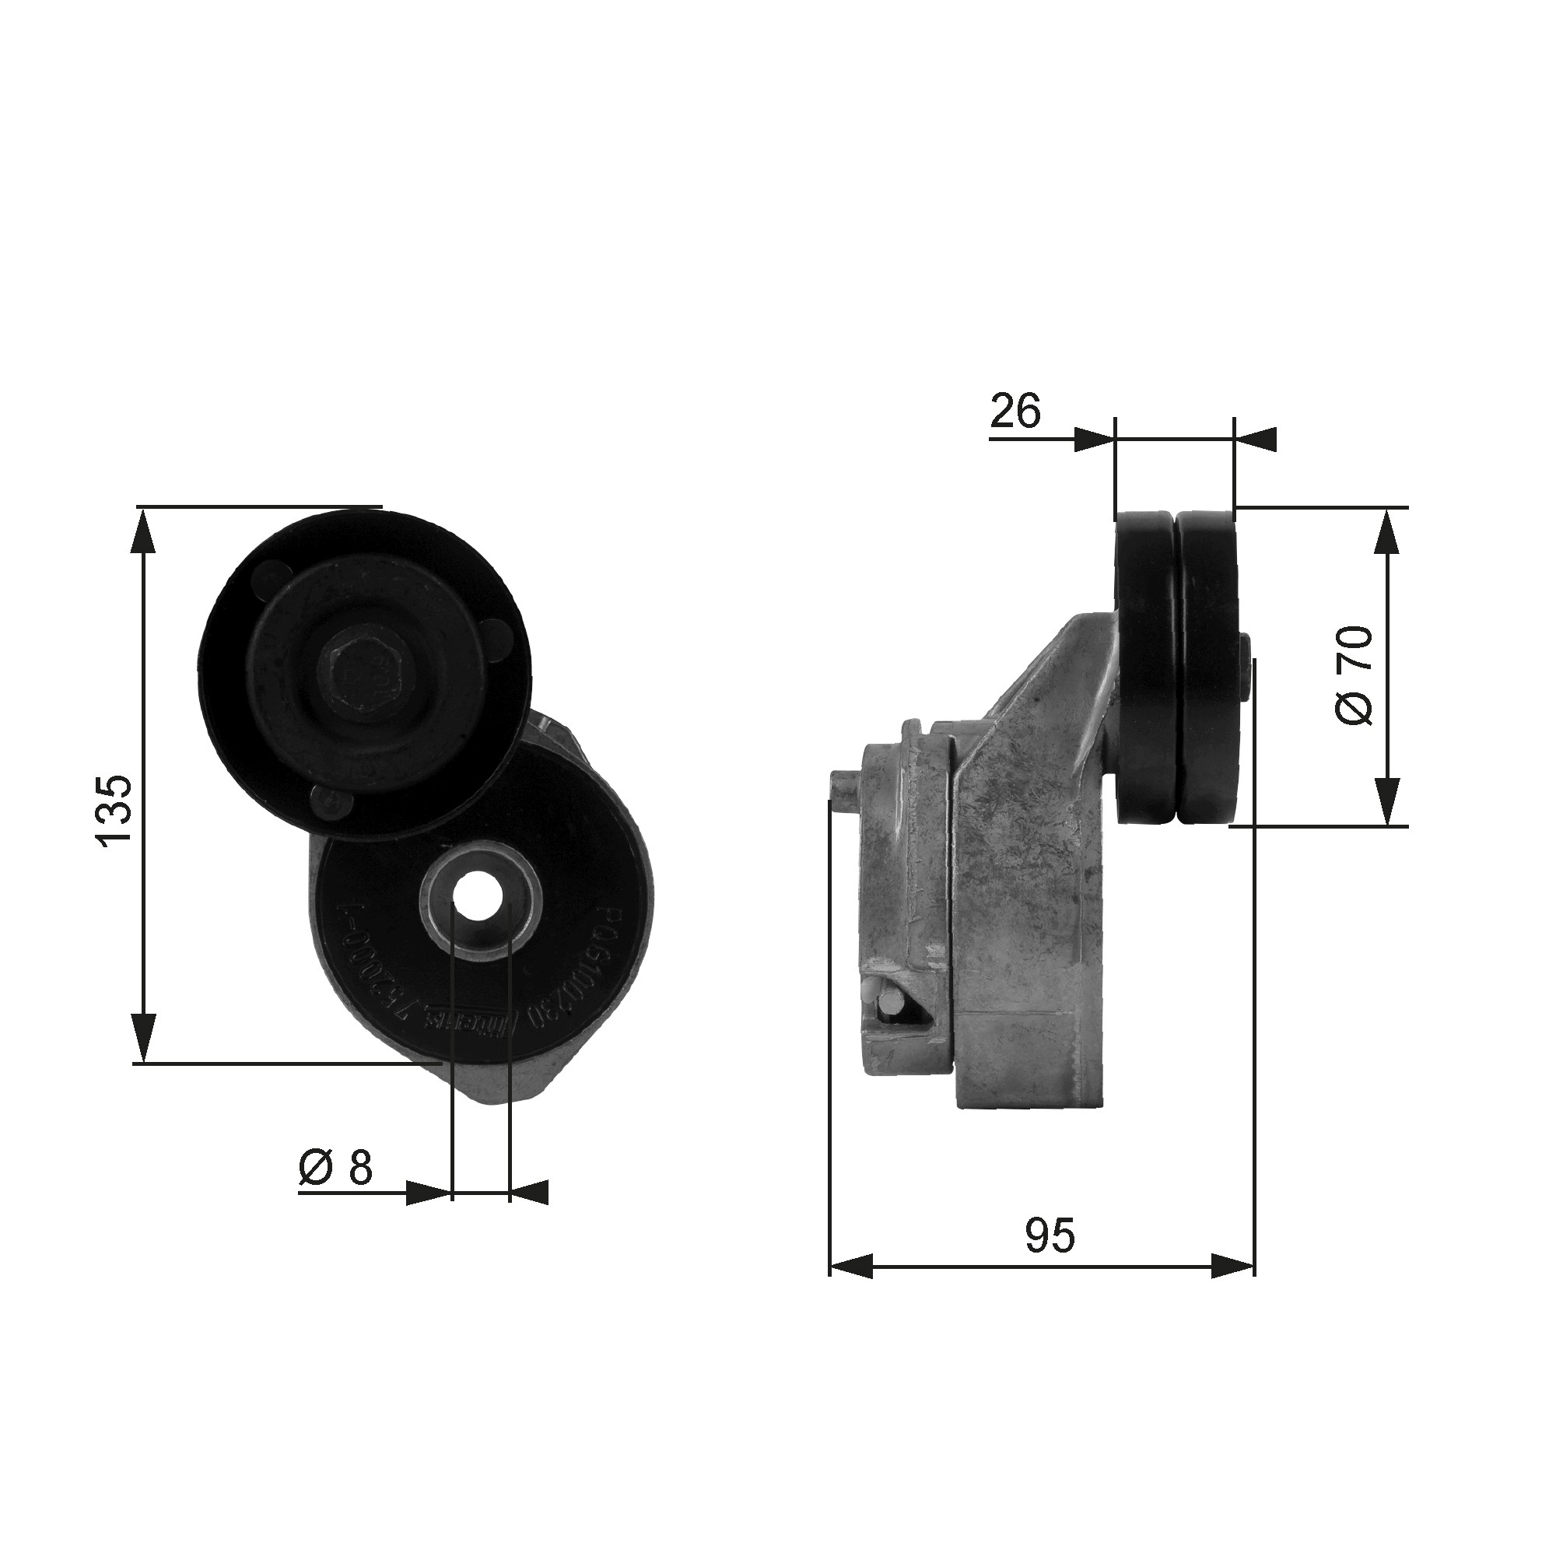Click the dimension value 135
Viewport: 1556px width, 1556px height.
pyautogui.click(x=114, y=809)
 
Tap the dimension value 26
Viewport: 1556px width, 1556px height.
pyautogui.click(x=1015, y=412)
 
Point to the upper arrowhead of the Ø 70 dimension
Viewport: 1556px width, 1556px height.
pyautogui.click(x=1387, y=531)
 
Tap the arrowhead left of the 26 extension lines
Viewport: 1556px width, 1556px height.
pyautogui.click(x=1095, y=440)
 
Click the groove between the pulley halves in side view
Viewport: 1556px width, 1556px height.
pyautogui.click(x=1176, y=668)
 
